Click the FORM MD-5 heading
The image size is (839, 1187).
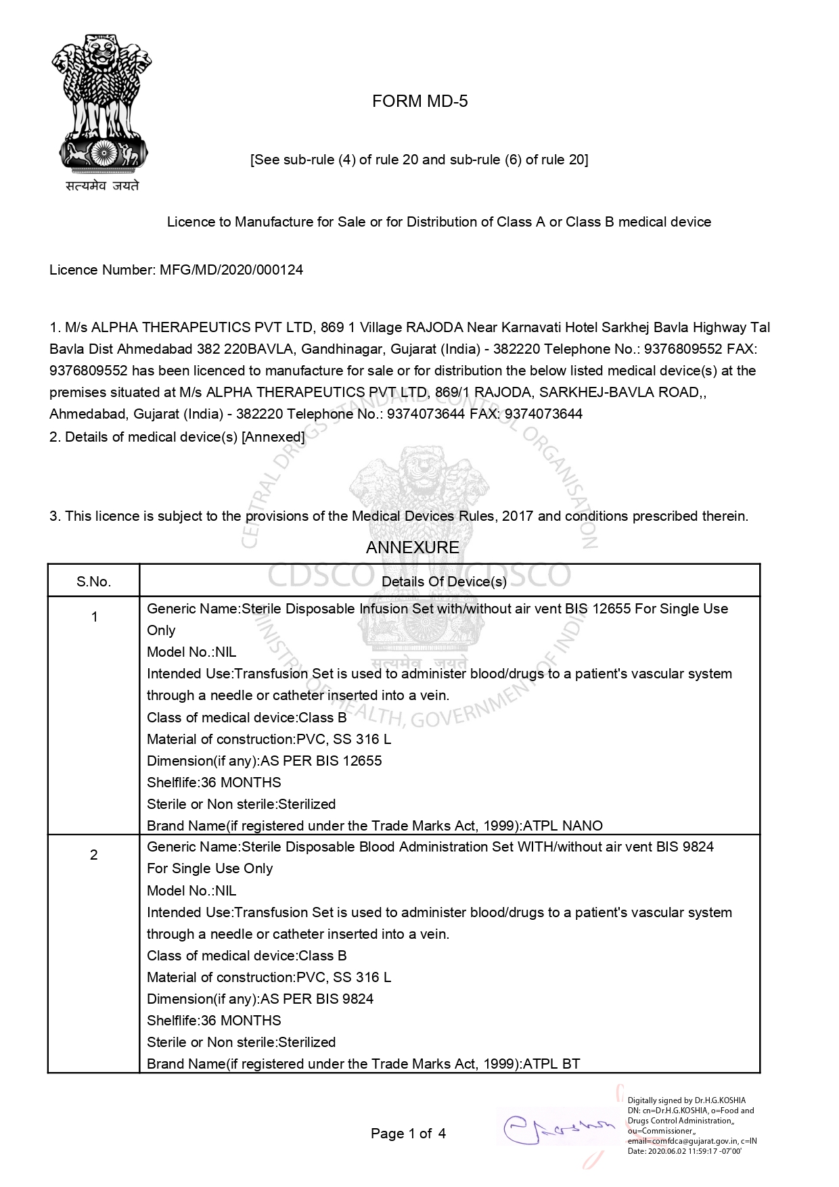point(419,101)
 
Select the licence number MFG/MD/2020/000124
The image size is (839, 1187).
point(231,270)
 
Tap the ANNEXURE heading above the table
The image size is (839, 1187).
point(412,547)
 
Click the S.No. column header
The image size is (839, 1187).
point(93,582)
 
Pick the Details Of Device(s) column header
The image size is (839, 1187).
point(444,582)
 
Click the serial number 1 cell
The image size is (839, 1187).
point(94,617)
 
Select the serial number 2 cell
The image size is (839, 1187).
point(94,855)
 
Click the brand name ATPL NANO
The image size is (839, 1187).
point(563,826)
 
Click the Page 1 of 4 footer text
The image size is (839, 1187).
point(408,1134)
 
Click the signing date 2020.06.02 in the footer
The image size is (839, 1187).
point(677,1151)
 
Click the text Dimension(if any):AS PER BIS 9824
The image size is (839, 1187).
point(260,999)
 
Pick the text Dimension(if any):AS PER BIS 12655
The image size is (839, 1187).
point(264,761)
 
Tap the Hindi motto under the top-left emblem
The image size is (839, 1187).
point(102,185)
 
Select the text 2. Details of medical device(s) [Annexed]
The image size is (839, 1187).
point(177,437)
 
